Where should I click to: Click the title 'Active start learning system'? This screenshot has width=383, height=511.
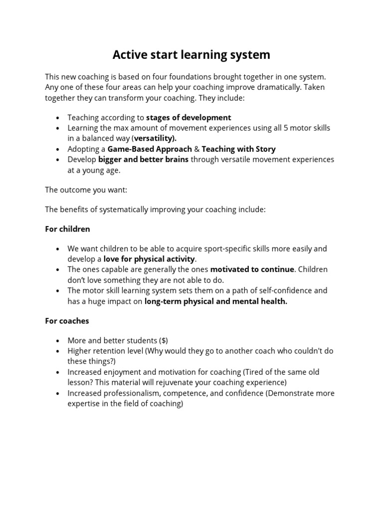tap(191, 54)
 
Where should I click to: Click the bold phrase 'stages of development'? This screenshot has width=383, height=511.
tap(189, 118)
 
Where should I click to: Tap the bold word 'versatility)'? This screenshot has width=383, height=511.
tap(155, 138)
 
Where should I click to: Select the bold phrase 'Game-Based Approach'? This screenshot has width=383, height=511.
tap(150, 149)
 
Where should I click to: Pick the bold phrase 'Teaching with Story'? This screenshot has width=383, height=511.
tap(238, 149)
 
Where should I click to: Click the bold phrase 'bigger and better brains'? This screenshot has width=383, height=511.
tap(143, 159)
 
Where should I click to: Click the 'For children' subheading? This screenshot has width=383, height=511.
tap(67, 229)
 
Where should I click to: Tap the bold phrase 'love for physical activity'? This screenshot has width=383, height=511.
tap(149, 259)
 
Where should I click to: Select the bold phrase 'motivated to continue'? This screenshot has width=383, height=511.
tap(252, 269)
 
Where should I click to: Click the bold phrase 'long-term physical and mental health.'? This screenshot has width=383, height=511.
tap(215, 301)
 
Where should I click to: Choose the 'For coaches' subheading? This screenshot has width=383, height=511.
tap(67, 321)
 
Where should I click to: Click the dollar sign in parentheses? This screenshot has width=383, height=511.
tap(164, 341)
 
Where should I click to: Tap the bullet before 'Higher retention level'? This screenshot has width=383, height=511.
tap(58, 351)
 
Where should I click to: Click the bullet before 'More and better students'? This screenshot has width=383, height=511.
tap(58, 341)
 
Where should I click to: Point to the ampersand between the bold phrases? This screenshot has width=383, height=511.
tap(196, 149)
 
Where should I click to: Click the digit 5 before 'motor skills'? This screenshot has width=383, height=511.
tap(286, 128)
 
